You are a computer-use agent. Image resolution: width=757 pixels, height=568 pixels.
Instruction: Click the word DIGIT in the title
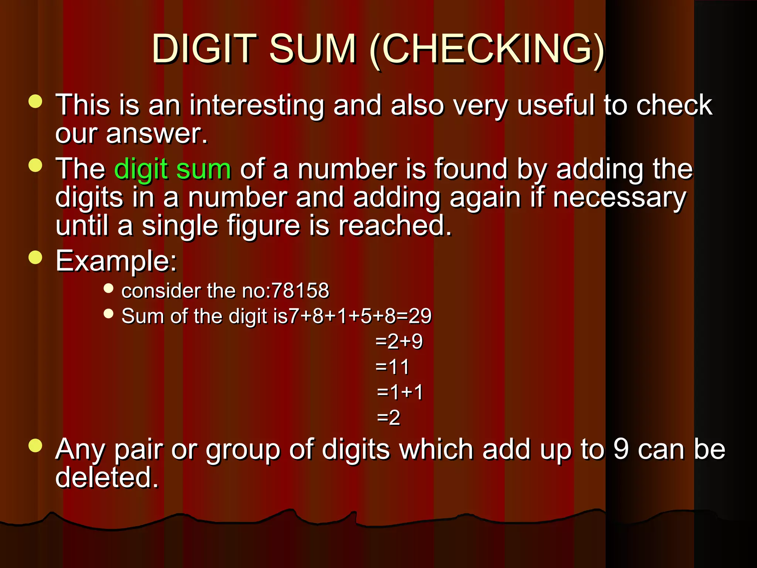pyautogui.click(x=204, y=49)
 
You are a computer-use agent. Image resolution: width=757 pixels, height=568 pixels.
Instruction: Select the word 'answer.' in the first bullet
pyautogui.click(x=157, y=133)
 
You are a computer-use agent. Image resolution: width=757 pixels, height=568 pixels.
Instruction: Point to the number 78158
pyautogui.click(x=300, y=290)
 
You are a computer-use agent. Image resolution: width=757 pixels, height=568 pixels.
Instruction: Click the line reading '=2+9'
pyautogui.click(x=399, y=341)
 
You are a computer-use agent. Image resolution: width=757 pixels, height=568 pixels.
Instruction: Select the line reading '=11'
pyautogui.click(x=392, y=367)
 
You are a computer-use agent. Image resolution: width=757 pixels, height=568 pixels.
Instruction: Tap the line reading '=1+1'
pyautogui.click(x=400, y=392)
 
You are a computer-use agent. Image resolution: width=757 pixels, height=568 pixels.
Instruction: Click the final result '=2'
pyautogui.click(x=388, y=418)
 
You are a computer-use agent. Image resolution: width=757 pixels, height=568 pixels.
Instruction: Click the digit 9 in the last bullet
pyautogui.click(x=621, y=449)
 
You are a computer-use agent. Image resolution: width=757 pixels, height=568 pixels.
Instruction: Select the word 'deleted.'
pyautogui.click(x=107, y=477)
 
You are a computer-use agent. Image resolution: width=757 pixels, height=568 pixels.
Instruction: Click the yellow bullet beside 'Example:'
pyautogui.click(x=35, y=257)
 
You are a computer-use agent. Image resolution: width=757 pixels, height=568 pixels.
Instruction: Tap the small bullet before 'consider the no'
pyautogui.click(x=108, y=288)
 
